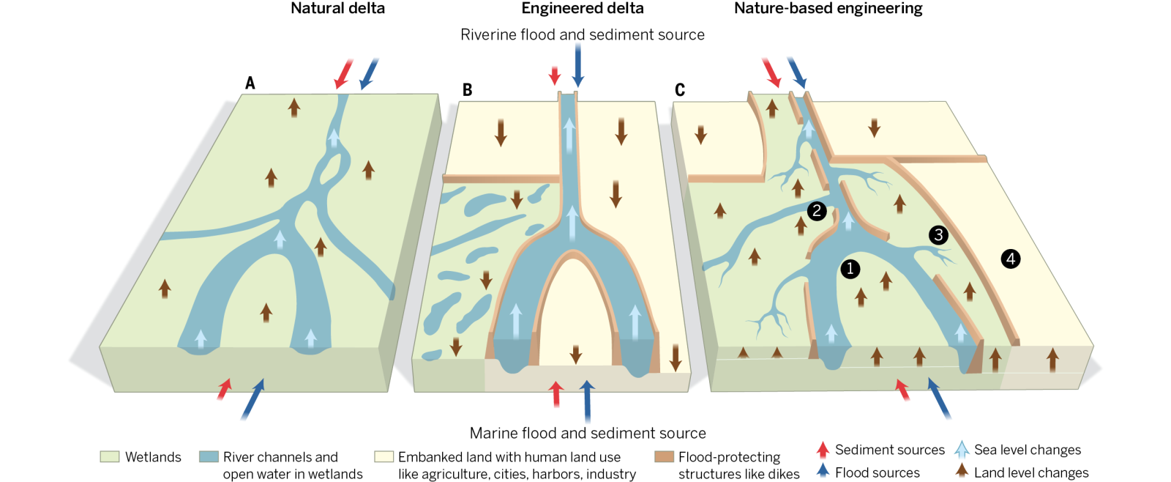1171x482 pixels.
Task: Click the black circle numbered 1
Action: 850,269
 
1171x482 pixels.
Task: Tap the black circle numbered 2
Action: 817,211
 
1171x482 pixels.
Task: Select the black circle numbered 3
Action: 938,235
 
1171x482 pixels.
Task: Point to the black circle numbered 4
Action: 1011,259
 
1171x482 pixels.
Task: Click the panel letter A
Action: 250,84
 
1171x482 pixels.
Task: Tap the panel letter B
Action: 467,90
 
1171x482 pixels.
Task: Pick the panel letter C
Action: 680,90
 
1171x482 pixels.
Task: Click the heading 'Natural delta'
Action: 337,9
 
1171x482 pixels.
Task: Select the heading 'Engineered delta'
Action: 583,9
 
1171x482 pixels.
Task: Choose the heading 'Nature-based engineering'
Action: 828,9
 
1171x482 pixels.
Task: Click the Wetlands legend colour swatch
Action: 110,457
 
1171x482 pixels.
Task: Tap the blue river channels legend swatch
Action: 209,457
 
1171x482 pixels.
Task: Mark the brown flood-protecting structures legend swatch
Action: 664,457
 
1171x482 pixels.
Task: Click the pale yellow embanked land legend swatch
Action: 384,457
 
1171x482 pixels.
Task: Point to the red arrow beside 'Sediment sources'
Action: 823,450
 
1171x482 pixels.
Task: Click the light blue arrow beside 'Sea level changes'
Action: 962,450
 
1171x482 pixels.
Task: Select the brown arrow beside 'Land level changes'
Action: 962,472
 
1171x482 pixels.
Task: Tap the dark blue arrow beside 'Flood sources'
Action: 823,472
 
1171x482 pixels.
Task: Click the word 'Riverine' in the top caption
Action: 488,35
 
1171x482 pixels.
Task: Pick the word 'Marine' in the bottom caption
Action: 493,434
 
